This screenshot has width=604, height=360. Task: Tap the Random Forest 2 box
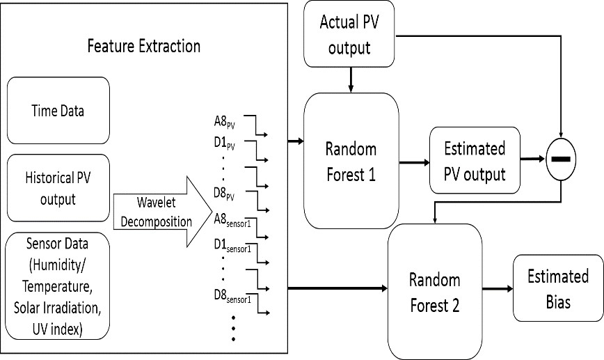tap(434, 291)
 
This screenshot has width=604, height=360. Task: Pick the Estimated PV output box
tap(475, 161)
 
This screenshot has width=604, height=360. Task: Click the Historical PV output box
tap(58, 188)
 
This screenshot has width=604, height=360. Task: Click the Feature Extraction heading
tap(143, 47)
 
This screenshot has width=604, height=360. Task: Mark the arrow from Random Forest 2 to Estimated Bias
tap(495, 288)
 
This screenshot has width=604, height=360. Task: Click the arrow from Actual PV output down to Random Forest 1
tap(351, 76)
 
